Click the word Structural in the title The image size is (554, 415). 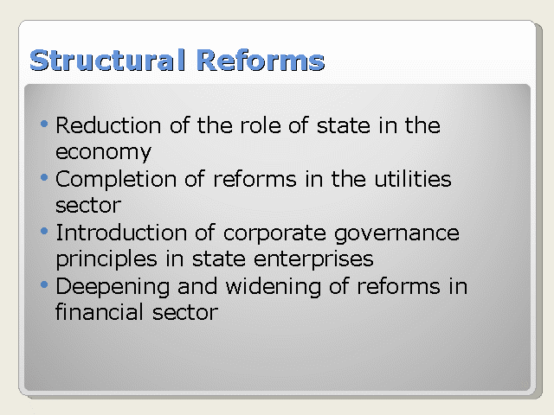(x=107, y=60)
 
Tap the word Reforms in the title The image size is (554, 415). (x=260, y=60)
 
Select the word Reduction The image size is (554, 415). (x=108, y=125)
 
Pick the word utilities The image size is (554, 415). (x=413, y=179)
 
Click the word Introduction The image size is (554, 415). (x=121, y=233)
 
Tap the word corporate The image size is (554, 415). (x=274, y=234)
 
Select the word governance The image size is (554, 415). (x=396, y=234)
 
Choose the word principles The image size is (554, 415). (x=106, y=260)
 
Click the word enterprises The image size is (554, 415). (x=313, y=260)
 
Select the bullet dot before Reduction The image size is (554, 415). (x=44, y=124)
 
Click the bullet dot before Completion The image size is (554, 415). (x=44, y=177)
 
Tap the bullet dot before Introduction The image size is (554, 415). (x=44, y=231)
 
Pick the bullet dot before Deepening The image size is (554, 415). (x=44, y=284)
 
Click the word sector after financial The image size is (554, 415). (x=185, y=313)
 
